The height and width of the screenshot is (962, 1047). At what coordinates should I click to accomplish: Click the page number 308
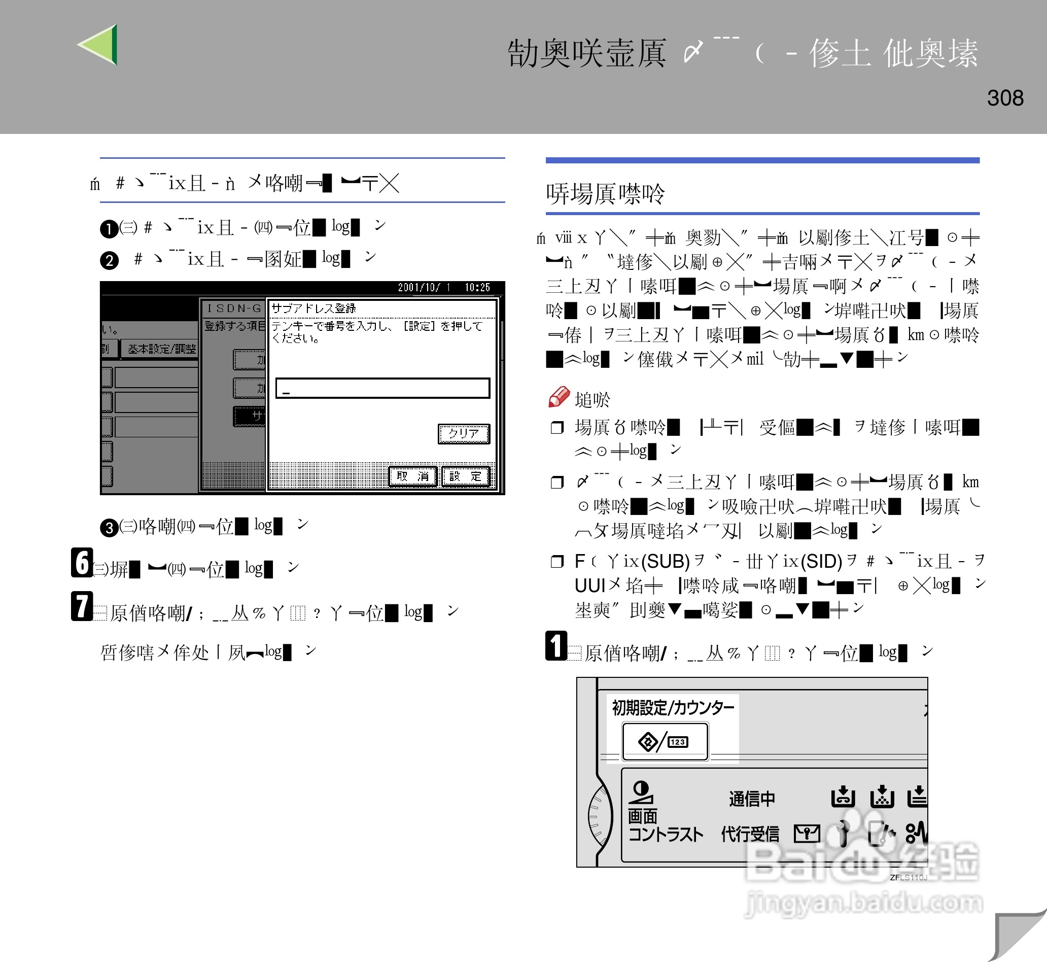pos(1005,98)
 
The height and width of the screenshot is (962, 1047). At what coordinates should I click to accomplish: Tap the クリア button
pos(463,433)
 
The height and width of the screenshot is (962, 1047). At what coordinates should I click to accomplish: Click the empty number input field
pos(382,388)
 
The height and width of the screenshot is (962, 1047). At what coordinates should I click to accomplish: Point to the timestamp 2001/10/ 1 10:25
pos(443,287)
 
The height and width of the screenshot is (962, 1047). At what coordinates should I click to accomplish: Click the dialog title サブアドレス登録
pos(313,308)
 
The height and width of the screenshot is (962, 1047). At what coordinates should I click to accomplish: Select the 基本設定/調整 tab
pos(161,349)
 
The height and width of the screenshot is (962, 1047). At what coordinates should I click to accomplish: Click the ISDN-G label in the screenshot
pos(234,308)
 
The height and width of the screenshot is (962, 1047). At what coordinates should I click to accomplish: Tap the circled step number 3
pos(109,528)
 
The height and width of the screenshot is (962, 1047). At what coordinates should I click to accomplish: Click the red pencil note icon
pos(559,397)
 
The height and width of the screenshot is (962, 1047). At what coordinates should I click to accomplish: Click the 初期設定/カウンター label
pos(672,708)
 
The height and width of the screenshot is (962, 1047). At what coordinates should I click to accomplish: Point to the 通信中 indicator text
pos(751,798)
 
